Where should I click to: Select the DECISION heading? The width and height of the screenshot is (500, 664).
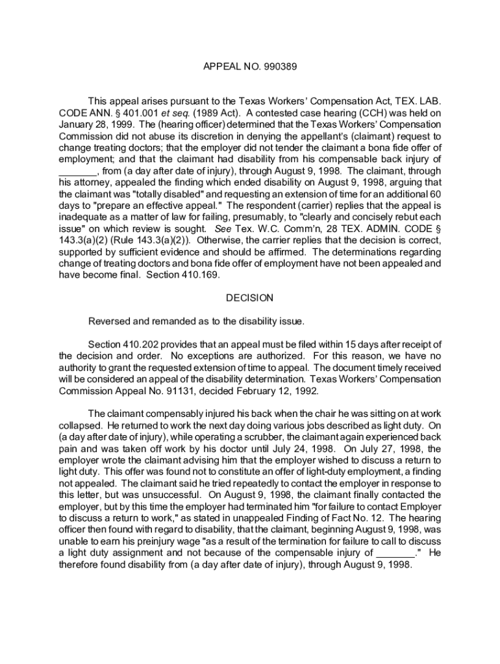point(250,298)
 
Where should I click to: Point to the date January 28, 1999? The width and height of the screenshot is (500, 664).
point(95,124)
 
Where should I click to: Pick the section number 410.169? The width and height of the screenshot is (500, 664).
point(195,275)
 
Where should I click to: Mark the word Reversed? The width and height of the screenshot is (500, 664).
point(110,322)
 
